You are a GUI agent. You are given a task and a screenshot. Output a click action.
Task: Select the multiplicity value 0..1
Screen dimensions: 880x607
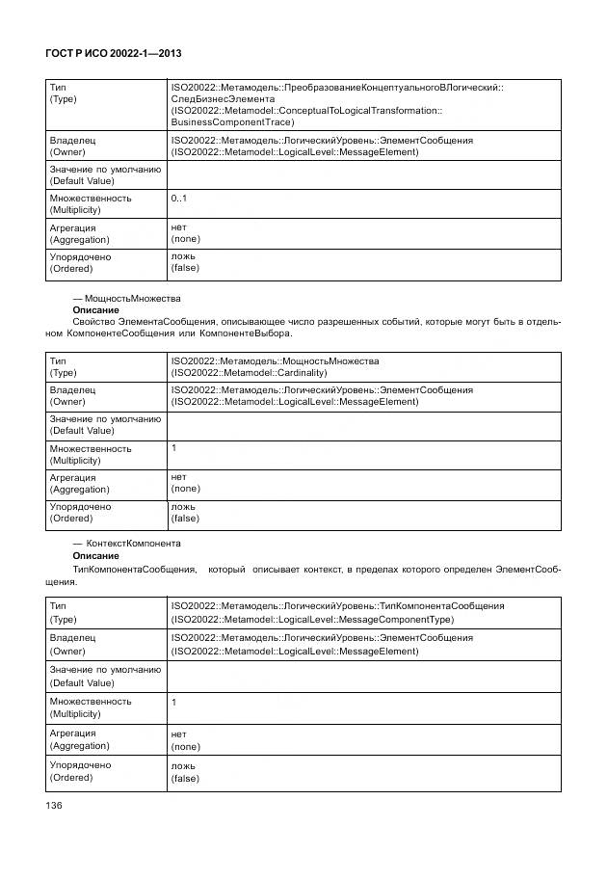pyautogui.click(x=179, y=198)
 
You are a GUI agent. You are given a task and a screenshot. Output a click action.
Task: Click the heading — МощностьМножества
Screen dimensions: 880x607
pyautogui.click(x=126, y=299)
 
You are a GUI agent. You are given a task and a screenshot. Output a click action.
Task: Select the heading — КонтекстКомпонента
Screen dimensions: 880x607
pyautogui.click(x=126, y=544)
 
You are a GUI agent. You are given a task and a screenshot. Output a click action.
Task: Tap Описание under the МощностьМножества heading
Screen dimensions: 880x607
pyautogui.click(x=95, y=310)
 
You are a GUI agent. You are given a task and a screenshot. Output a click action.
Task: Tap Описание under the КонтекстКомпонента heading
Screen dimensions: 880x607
pyautogui.click(x=95, y=556)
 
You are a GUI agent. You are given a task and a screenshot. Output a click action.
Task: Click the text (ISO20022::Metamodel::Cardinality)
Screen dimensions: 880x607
pyautogui.click(x=249, y=372)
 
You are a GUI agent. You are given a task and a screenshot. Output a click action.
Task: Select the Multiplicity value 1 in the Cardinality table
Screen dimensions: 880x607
pyautogui.click(x=174, y=448)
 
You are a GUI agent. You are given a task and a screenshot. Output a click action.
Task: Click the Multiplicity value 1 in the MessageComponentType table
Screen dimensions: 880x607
pyautogui.click(x=174, y=703)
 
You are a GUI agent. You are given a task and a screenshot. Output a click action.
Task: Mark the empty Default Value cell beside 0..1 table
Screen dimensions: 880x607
pyautogui.click(x=364, y=174)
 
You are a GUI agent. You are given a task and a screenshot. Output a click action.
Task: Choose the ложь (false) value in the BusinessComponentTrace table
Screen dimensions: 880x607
pyautogui.click(x=185, y=262)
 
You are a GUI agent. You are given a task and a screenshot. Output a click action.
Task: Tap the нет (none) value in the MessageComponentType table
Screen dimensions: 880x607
pyautogui.click(x=185, y=739)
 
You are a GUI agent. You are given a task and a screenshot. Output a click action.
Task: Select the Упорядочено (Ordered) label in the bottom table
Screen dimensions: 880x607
pyautogui.click(x=80, y=771)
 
